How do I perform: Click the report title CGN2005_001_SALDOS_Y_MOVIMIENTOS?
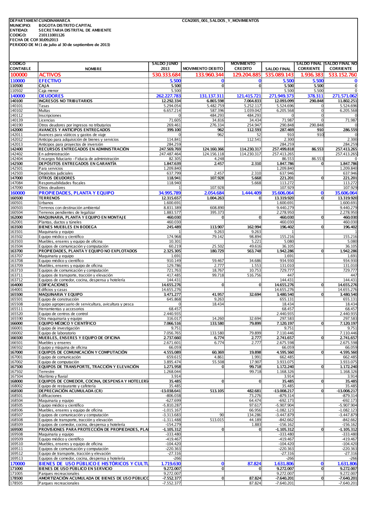click(x=220, y=20)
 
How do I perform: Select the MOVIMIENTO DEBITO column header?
click(x=203, y=69)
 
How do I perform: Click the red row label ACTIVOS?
click(x=50, y=75)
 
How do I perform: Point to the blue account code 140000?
click(x=18, y=96)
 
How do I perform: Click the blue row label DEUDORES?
click(x=51, y=96)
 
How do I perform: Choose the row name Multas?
click(x=44, y=110)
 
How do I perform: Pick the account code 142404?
click(x=16, y=159)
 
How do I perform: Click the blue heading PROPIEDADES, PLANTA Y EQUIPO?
click(x=76, y=193)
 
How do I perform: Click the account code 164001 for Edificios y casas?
click(x=16, y=290)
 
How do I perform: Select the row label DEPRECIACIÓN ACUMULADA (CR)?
click(x=71, y=391)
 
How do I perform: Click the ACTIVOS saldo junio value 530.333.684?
click(x=166, y=75)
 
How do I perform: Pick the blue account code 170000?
click(x=18, y=464)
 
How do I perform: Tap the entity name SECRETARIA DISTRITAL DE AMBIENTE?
click(x=75, y=30)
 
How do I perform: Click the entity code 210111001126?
click(x=51, y=35)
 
